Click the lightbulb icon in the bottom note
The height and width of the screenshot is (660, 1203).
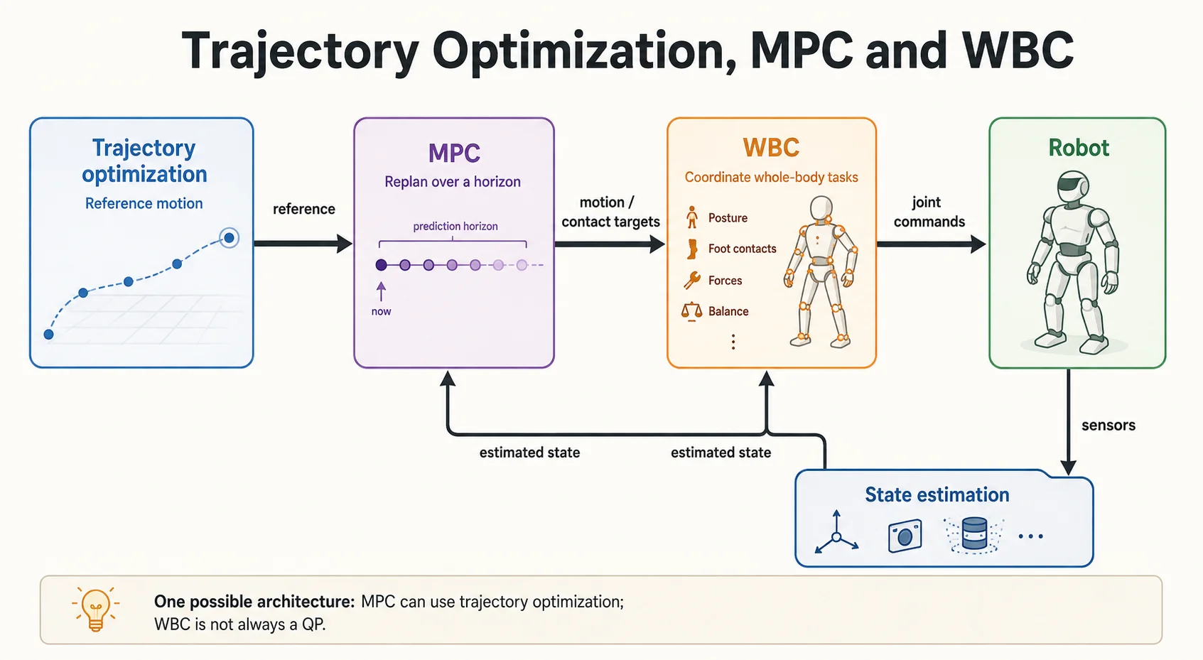96,609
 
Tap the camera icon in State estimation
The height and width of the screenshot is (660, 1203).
905,536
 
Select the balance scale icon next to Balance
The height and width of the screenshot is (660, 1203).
691,311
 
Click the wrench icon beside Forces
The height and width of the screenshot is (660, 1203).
691,280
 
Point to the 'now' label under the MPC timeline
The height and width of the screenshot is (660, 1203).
382,311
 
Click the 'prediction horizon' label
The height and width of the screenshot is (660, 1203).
455,226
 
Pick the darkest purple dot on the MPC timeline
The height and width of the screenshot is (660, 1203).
382,265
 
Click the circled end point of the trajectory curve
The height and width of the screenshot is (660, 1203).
230,238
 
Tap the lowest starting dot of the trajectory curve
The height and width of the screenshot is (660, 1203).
49,335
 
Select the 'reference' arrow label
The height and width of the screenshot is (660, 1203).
304,209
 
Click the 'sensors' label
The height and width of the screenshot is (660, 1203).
1108,426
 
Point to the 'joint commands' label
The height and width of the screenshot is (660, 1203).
929,212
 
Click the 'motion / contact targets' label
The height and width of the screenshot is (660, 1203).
610,212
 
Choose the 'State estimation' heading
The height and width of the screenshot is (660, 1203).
937,494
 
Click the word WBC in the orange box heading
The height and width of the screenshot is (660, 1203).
771,148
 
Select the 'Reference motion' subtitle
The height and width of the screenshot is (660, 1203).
144,203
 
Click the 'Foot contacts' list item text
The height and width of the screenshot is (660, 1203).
743,249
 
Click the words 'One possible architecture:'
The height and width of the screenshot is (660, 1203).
254,602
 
